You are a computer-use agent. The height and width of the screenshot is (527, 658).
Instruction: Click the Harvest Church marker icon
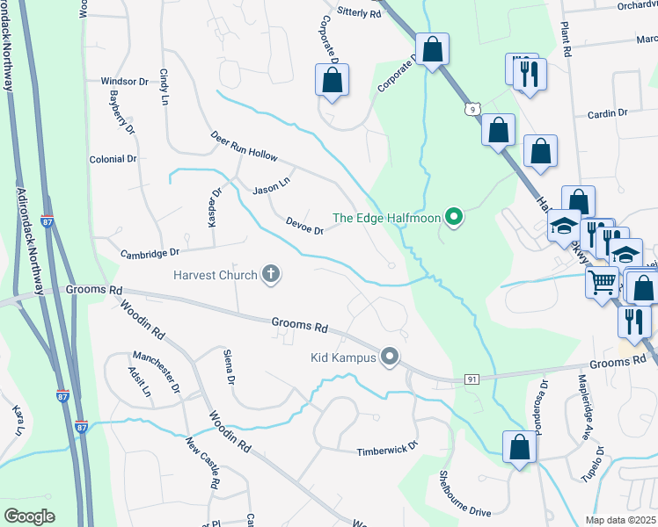coord(271,275)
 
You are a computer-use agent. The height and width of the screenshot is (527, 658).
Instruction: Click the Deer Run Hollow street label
coord(244,147)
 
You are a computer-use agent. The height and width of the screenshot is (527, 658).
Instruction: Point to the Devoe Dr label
coord(305,226)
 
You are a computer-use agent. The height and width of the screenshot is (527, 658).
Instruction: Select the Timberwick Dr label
coord(384,451)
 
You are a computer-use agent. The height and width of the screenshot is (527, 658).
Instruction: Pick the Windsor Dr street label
coord(124,81)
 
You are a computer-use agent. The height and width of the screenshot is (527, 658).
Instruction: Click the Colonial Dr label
coord(113,159)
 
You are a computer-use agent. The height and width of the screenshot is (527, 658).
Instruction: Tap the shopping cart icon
coord(602,283)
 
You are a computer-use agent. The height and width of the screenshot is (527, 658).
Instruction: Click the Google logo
coord(29,516)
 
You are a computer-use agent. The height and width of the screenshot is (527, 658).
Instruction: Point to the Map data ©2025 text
coord(621,520)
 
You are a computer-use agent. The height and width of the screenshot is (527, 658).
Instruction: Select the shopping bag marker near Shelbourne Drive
coord(520,447)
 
